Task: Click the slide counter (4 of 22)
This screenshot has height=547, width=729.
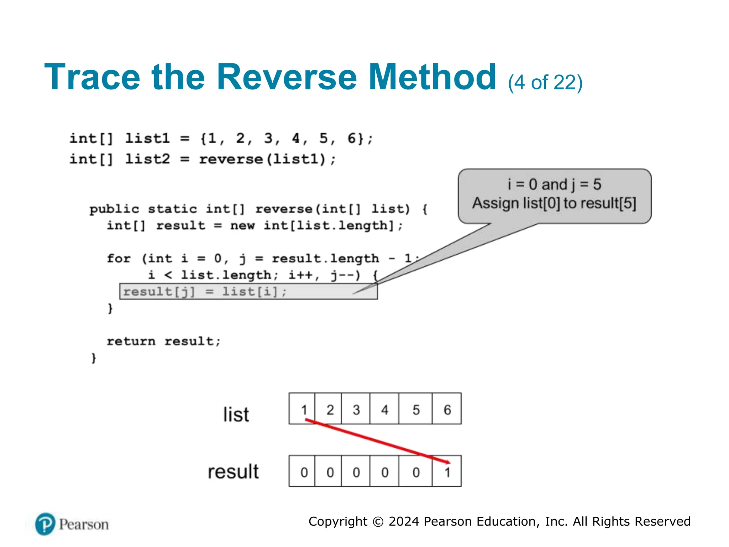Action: (x=545, y=83)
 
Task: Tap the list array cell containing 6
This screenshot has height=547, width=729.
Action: (x=447, y=409)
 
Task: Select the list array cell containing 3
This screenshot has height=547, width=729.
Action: (x=356, y=409)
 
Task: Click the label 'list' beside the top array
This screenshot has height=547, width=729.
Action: (x=236, y=415)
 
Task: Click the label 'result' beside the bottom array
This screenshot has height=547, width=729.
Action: (x=233, y=472)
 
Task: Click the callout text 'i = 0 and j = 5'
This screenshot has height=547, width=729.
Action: (x=554, y=184)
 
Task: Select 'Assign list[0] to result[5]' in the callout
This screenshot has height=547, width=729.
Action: (x=554, y=203)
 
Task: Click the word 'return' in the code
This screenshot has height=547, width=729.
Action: (x=131, y=341)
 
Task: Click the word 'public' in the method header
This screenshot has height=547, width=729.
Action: (x=114, y=209)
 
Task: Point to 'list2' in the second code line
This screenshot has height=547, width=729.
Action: (x=148, y=159)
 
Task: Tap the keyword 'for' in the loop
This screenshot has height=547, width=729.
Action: (x=119, y=259)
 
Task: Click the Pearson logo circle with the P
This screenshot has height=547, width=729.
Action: (x=45, y=524)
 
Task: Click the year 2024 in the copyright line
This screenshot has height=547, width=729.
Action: (x=404, y=521)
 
